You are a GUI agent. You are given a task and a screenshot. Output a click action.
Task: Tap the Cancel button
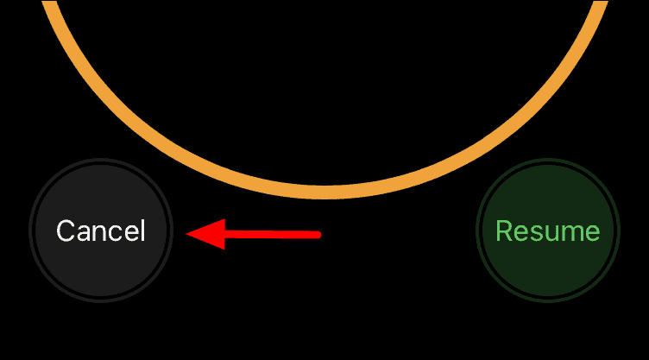(101, 231)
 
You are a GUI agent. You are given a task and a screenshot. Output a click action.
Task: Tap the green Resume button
(547, 231)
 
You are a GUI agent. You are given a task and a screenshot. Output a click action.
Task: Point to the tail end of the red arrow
(318, 233)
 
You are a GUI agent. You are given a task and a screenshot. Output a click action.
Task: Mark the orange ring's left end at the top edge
(49, 3)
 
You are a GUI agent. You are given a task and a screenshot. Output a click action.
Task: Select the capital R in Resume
(504, 231)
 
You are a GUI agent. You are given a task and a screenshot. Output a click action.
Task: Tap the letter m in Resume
(570, 232)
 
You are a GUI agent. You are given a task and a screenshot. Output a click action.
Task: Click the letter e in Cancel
(130, 232)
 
